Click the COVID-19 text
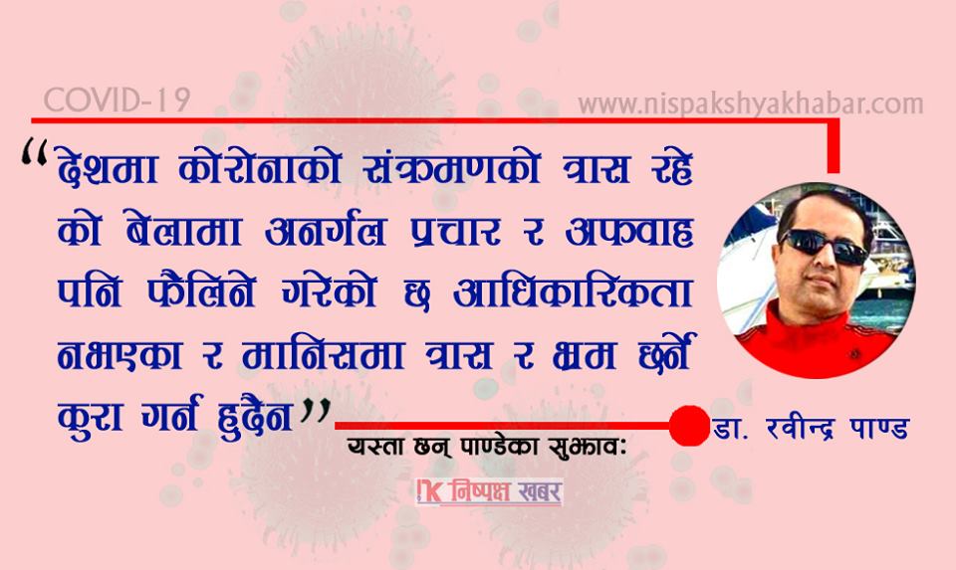pyautogui.click(x=118, y=99)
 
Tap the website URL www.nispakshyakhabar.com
pyautogui.click(x=751, y=103)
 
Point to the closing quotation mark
pyautogui.click(x=316, y=412)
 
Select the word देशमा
pyautogui.click(x=108, y=166)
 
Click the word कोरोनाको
pyautogui.click(x=260, y=166)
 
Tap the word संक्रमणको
pyautogui.click(x=452, y=166)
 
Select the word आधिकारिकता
pyautogui.click(x=574, y=291)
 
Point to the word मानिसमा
pyautogui.click(x=323, y=353)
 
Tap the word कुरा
pyautogui.click(x=91, y=416)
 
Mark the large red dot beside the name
pyautogui.click(x=689, y=426)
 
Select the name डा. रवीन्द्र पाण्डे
pyautogui.click(x=811, y=428)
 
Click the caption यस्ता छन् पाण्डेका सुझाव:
pyautogui.click(x=487, y=447)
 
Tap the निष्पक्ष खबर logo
pyautogui.click(x=489, y=492)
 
